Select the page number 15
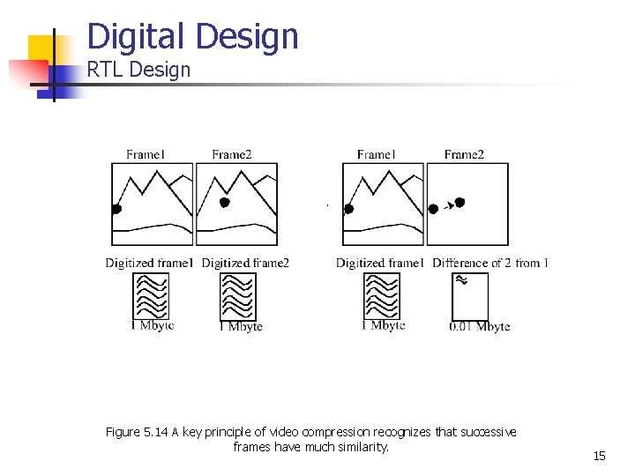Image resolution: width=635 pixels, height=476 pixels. (600, 456)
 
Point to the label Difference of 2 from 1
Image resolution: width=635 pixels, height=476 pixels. (490, 263)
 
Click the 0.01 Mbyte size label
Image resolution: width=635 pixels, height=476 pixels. (479, 326)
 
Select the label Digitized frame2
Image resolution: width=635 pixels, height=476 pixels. (245, 263)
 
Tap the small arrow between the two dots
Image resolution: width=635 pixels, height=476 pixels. (448, 206)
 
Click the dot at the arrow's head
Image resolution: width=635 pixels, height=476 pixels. (459, 203)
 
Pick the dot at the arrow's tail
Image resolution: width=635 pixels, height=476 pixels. (433, 209)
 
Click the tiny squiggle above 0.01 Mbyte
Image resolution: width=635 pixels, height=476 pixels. (459, 280)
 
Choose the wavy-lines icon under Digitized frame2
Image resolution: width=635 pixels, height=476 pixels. (238, 296)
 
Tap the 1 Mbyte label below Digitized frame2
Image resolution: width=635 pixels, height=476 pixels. (241, 326)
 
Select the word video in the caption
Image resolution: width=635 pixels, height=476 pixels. (282, 432)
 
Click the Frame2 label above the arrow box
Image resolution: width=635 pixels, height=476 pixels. (464, 155)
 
